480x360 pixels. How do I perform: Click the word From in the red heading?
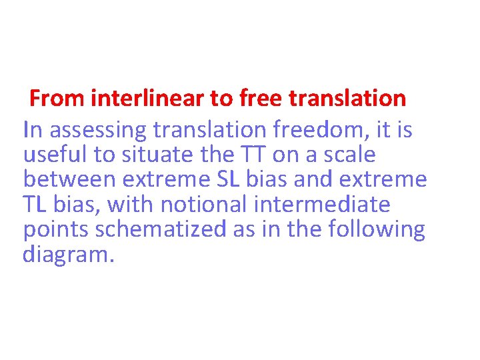click(x=57, y=99)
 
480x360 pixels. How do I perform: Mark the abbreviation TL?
click(x=35, y=205)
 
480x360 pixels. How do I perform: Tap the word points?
click(x=56, y=229)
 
